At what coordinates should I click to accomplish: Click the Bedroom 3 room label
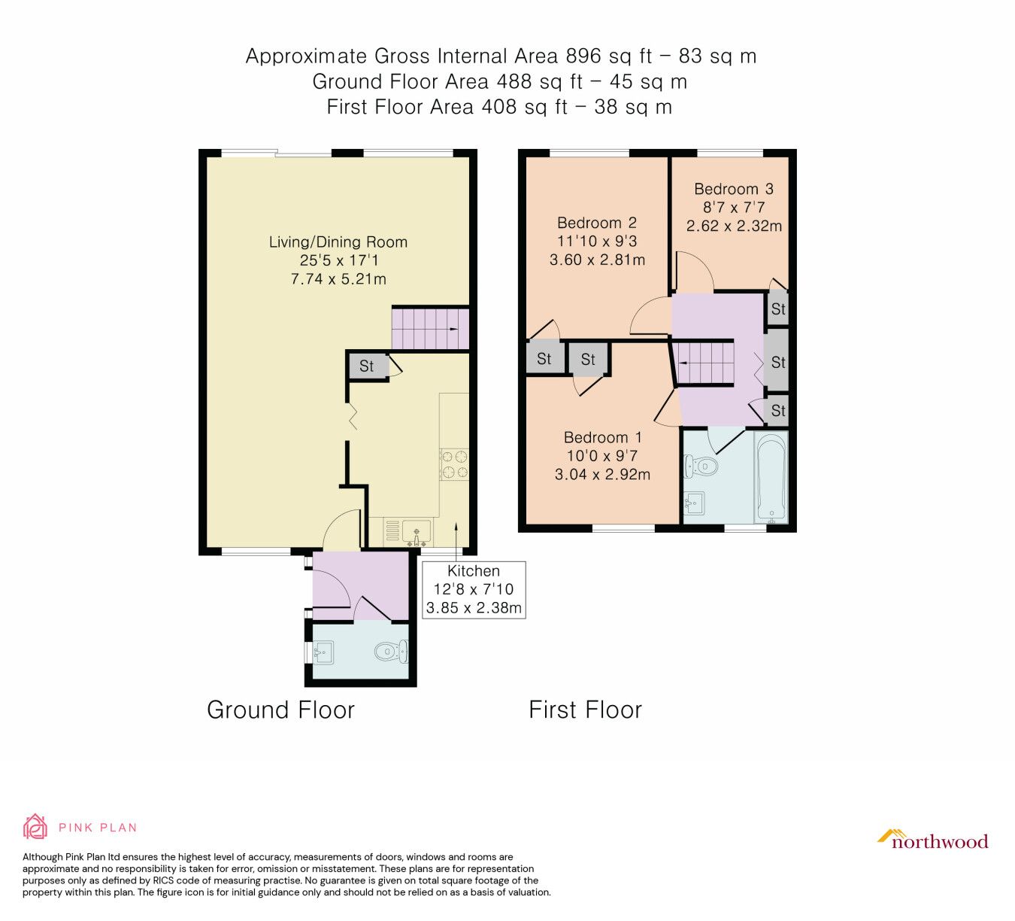click(x=733, y=189)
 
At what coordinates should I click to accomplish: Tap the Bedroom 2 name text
click(x=597, y=223)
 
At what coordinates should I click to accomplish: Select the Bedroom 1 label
click(x=603, y=437)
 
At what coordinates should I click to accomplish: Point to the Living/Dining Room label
click(x=338, y=242)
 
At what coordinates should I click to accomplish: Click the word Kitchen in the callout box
click(x=474, y=571)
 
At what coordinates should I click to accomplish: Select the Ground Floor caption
click(x=280, y=710)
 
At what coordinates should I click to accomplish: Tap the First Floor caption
click(x=585, y=710)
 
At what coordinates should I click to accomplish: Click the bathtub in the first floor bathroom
click(x=771, y=477)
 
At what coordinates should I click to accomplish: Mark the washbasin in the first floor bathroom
click(x=694, y=503)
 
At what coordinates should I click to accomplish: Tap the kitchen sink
click(x=417, y=531)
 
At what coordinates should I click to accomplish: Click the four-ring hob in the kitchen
click(x=454, y=464)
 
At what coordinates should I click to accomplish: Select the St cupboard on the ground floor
click(x=367, y=366)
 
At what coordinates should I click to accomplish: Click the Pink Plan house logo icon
click(x=35, y=826)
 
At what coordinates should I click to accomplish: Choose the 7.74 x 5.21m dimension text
click(x=338, y=279)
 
